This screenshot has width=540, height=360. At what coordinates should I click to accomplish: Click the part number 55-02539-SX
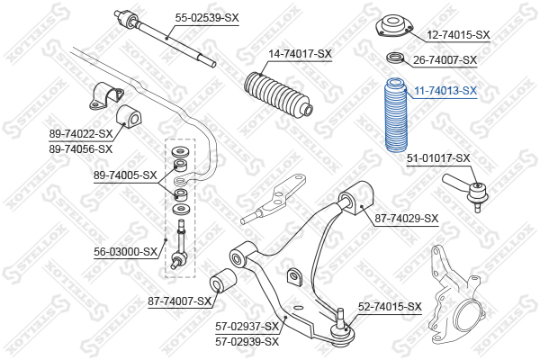click(207, 17)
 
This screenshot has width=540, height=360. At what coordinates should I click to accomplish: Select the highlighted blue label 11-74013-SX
click(445, 91)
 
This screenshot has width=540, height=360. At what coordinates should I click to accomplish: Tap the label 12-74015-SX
click(458, 34)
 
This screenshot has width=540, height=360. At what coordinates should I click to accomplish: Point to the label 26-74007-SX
click(445, 60)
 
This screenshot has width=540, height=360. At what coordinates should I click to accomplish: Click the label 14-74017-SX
click(300, 53)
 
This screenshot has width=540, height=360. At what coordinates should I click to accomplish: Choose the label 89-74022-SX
click(81, 134)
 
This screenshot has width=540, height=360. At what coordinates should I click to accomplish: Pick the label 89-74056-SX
click(81, 149)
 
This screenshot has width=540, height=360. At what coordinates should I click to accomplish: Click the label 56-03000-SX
click(125, 252)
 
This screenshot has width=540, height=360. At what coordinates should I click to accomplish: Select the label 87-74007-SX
click(179, 301)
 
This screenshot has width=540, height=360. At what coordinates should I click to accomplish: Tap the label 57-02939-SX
click(247, 342)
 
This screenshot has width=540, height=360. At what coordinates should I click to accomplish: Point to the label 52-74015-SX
click(390, 306)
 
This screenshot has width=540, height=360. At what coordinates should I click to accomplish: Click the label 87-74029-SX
click(407, 218)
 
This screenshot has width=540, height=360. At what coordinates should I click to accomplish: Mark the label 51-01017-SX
click(438, 158)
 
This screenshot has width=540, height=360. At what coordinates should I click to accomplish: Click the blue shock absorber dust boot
click(396, 115)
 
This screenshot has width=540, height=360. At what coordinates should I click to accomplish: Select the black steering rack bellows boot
click(278, 93)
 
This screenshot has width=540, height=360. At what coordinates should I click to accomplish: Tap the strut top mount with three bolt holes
click(393, 26)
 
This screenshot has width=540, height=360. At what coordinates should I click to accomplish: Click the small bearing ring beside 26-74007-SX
click(395, 58)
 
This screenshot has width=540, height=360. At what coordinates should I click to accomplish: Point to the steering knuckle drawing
click(456, 295)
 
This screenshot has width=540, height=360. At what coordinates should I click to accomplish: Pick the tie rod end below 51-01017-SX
click(466, 191)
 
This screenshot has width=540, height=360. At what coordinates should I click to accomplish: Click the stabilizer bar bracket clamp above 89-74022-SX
click(107, 95)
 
